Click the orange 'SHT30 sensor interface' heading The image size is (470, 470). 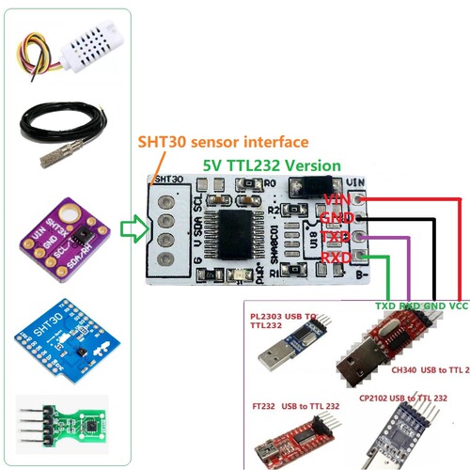[223, 142]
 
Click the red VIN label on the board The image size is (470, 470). [336, 198]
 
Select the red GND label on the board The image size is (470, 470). [336, 218]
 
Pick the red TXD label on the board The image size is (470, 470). [336, 237]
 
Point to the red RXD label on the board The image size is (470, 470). [336, 257]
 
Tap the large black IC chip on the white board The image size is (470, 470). [232, 231]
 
